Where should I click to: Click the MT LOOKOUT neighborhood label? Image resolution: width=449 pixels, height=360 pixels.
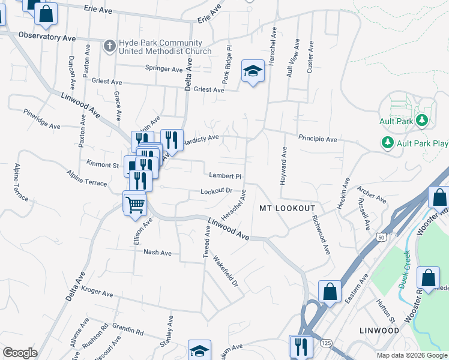[x=287, y=208]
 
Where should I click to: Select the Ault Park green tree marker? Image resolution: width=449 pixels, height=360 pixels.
[x=422, y=121]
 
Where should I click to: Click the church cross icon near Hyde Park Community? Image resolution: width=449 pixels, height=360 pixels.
[x=109, y=46]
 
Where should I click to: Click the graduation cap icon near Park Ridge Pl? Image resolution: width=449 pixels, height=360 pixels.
[x=253, y=72]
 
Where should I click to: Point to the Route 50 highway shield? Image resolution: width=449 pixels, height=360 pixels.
[x=381, y=238]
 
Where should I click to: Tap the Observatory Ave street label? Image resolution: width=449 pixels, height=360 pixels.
[x=47, y=37]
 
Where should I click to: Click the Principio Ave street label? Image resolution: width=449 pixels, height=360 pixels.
[x=318, y=139]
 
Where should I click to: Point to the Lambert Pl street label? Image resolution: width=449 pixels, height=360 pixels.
[x=225, y=176]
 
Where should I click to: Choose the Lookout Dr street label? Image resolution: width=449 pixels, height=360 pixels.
[x=216, y=191]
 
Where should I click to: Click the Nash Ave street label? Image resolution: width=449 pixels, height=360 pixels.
[x=158, y=253]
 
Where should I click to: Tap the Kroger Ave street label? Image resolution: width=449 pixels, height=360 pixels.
[x=98, y=294]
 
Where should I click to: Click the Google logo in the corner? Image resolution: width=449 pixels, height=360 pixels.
[x=20, y=353]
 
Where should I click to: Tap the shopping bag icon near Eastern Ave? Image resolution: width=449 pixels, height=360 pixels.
[x=330, y=292]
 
